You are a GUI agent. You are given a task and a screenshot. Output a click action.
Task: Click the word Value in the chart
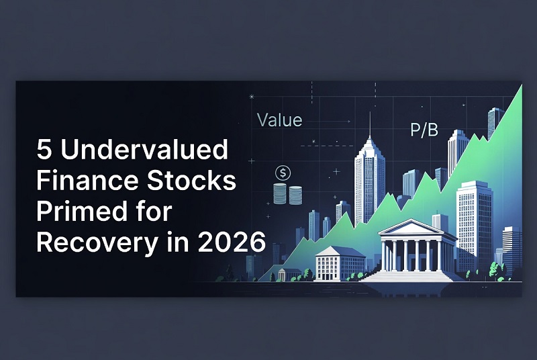click(x=280, y=121)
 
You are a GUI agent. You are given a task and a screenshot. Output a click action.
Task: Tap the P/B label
click(x=424, y=130)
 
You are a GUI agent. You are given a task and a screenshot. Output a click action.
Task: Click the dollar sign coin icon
click(x=283, y=173)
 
